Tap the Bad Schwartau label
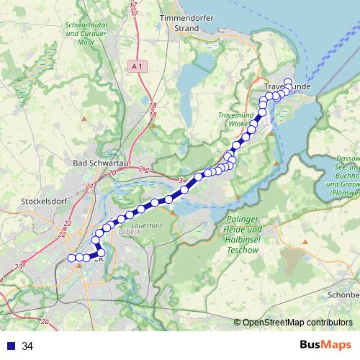coord(98,163)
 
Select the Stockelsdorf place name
coord(45,201)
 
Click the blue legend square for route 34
coord(9,346)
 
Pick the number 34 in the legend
coord(28,346)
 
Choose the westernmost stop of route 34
coord(71,258)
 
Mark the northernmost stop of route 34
coord(288,82)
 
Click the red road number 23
coord(17,267)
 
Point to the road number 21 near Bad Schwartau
coord(89,186)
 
